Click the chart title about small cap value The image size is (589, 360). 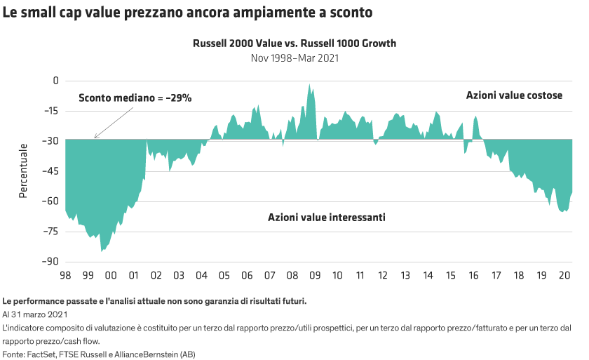pyautogui.click(x=187, y=13)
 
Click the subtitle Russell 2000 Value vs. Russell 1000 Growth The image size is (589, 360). pyautogui.click(x=294, y=44)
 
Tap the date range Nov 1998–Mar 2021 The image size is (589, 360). pyautogui.click(x=294, y=58)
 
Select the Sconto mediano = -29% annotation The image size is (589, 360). pyautogui.click(x=135, y=98)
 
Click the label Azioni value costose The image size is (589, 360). pyautogui.click(x=515, y=95)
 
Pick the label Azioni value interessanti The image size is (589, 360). pyautogui.click(x=326, y=218)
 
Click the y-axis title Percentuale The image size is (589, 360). pyautogui.click(x=23, y=171)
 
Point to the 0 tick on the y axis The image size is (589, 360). pyautogui.click(x=56, y=81)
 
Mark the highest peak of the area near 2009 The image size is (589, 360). pyautogui.click(x=309, y=85)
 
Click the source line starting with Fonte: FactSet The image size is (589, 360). pyautogui.click(x=99, y=354)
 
